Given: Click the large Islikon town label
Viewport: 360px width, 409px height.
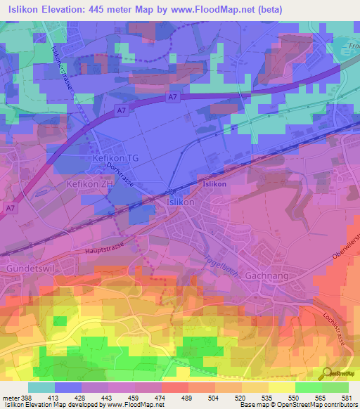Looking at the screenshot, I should click(179, 202).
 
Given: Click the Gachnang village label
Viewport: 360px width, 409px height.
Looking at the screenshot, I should click(267, 275).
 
